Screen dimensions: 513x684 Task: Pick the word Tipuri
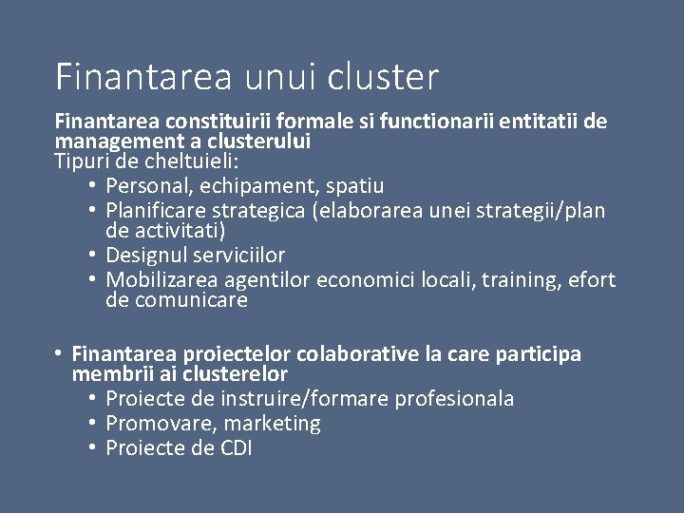83,159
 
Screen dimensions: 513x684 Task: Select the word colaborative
351,354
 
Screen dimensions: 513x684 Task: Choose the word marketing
271,424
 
